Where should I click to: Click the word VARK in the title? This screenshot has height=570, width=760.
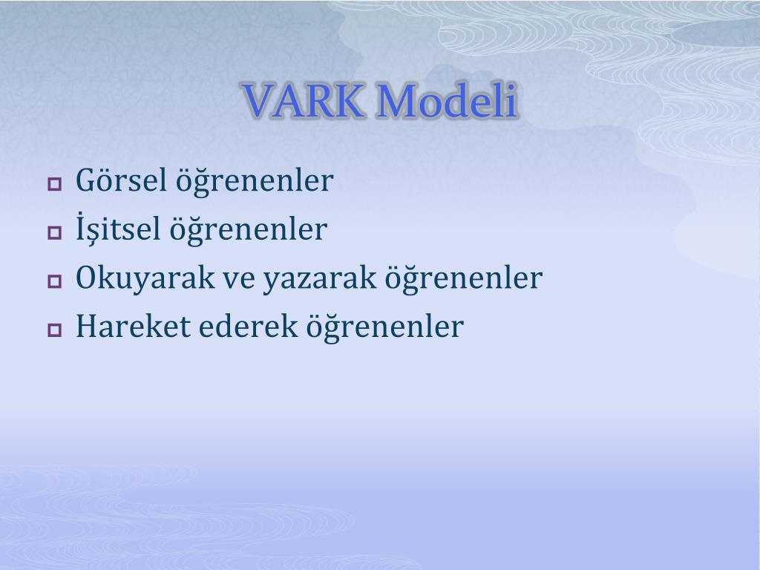point(304,100)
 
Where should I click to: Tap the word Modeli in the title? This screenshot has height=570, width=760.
point(447,100)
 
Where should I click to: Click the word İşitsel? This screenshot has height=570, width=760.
point(118,228)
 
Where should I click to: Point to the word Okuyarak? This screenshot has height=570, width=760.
point(145,278)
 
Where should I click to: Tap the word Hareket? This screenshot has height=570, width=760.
point(134,326)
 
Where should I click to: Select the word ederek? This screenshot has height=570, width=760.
point(248,326)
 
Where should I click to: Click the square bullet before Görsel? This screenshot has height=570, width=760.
point(55,184)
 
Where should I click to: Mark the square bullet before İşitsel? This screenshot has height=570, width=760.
point(55,232)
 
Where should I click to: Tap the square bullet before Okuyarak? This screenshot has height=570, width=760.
point(55,281)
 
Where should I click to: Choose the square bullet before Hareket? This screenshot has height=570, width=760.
point(55,330)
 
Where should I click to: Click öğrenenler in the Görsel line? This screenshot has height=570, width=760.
point(254,181)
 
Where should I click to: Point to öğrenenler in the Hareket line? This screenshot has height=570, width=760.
point(385,327)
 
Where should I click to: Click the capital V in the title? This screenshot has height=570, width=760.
point(259,101)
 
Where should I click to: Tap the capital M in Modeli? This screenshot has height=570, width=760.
point(398,101)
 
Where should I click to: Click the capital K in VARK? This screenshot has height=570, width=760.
point(349,101)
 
